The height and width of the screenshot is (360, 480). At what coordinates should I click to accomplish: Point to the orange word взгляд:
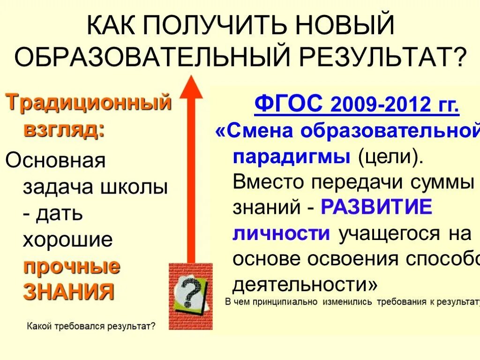tap(64, 129)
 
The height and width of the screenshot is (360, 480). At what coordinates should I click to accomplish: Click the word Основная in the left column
tap(55, 161)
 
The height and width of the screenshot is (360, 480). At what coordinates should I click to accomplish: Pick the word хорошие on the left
tap(68, 240)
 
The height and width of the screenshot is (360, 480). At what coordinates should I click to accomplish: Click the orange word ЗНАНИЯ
tap(69, 292)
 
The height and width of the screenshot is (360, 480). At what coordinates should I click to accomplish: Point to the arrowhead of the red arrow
tap(190, 87)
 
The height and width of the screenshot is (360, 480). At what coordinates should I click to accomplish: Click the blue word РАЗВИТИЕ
tap(376, 207)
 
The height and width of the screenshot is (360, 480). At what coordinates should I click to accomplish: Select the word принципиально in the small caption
tap(286, 301)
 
